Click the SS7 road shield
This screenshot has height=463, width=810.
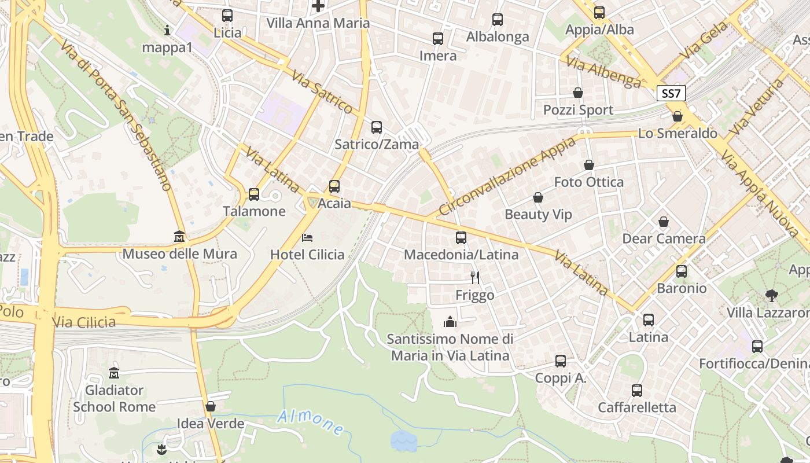671,93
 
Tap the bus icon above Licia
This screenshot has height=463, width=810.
227,16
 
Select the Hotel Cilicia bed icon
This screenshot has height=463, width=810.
307,237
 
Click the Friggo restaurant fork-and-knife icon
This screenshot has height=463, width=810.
475,278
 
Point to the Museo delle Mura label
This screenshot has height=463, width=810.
179,254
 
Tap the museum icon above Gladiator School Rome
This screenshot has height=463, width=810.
114,373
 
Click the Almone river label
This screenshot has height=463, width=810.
311,422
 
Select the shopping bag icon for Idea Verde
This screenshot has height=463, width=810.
211,406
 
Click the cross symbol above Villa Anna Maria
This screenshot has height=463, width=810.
318,6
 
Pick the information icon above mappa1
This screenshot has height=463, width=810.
167,30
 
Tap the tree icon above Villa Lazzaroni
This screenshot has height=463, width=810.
771,296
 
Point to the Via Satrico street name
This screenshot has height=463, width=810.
322,92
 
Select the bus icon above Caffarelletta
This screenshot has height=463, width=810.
637,391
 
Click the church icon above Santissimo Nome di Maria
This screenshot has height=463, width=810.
450,322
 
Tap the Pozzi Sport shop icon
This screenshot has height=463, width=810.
577,93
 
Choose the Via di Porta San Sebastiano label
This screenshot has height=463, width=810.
116,116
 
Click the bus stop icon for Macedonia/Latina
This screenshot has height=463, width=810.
461,238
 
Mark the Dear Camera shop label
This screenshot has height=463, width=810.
664,238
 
